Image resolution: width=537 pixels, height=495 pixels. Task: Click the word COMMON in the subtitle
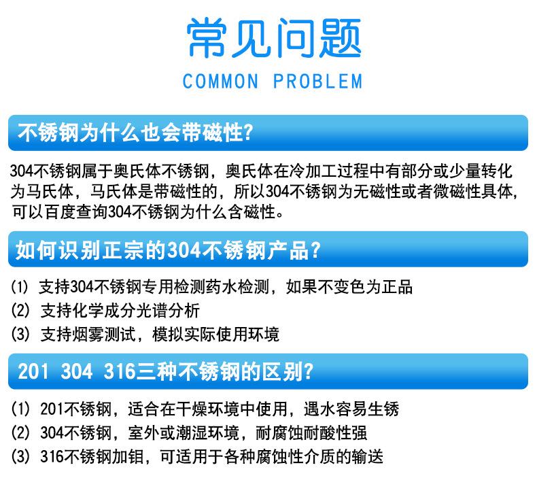[x=220, y=82]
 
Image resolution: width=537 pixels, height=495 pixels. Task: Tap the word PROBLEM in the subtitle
[x=317, y=82]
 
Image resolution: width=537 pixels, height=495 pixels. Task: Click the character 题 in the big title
[x=340, y=37]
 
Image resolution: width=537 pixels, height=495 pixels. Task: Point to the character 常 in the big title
[x=207, y=37]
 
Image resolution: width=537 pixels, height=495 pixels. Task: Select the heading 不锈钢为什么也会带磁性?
[x=135, y=133]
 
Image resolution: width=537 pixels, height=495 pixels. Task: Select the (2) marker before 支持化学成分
[x=20, y=310]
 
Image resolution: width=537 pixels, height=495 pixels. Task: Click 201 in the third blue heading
[x=33, y=371]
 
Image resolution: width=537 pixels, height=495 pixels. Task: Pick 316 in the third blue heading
[x=120, y=371]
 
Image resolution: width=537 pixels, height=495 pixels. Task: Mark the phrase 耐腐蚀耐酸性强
[x=311, y=432]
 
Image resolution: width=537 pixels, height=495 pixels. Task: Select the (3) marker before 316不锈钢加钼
[x=20, y=456]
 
